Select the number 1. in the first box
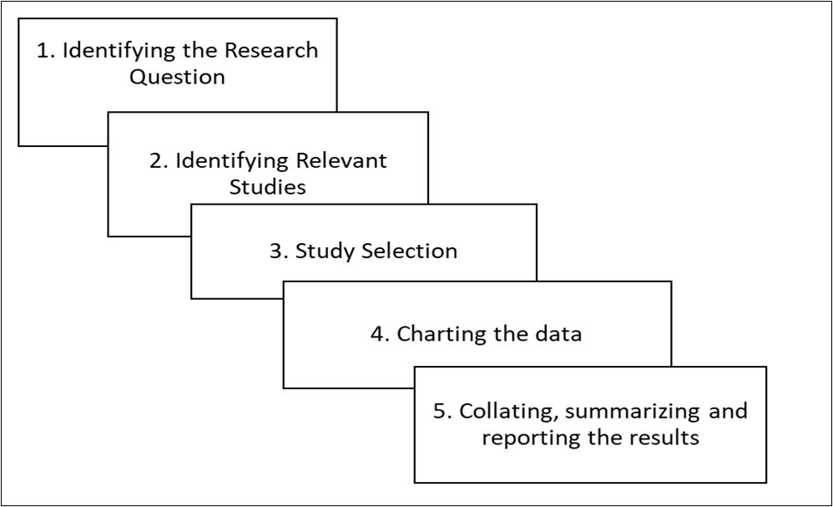click(46, 51)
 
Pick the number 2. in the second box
click(158, 160)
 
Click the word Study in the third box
click(326, 251)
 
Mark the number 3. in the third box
click(278, 251)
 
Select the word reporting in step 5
click(525, 438)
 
